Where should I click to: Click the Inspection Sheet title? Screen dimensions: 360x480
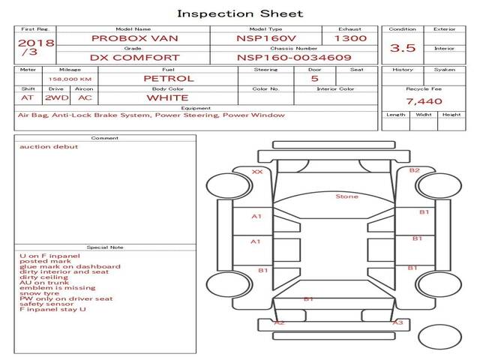(x=239, y=13)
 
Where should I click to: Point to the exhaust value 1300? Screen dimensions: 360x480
(x=350, y=37)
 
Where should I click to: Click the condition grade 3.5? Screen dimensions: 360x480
(x=403, y=48)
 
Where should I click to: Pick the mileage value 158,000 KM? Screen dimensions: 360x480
(x=70, y=78)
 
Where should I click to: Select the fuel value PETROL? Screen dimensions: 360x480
(x=168, y=78)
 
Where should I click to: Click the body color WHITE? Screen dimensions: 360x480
(x=167, y=97)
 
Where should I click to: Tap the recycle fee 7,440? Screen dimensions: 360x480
(x=424, y=101)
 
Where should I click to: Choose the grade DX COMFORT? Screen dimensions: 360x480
(x=135, y=57)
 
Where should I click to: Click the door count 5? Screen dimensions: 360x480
(x=314, y=78)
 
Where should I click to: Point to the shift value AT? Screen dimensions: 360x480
(x=28, y=97)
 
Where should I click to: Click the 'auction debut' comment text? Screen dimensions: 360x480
(x=49, y=147)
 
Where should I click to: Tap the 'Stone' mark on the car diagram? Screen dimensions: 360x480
(x=346, y=196)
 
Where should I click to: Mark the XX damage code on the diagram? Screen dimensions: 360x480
(x=257, y=172)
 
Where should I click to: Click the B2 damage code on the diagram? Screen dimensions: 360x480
(x=414, y=170)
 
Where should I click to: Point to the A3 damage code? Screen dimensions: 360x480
(x=398, y=322)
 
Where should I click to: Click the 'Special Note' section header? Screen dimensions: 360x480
(x=105, y=247)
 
